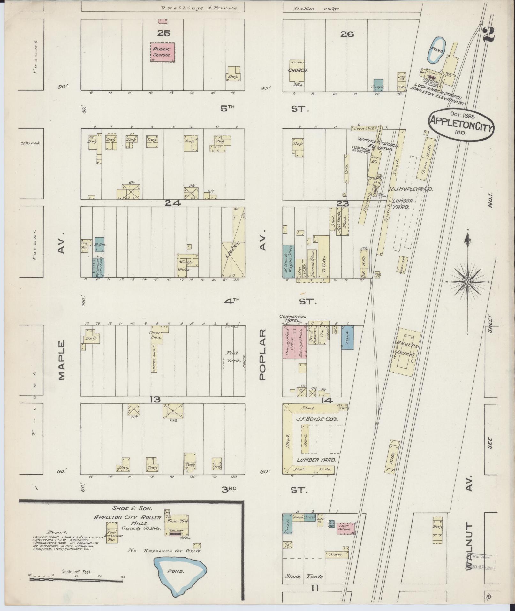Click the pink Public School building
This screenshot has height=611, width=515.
click(x=163, y=52)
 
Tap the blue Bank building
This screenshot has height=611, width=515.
click(x=347, y=337)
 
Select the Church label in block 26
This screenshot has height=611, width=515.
click(x=298, y=70)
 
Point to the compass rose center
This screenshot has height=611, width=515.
click(x=467, y=282)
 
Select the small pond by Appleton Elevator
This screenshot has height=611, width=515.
click(x=436, y=50)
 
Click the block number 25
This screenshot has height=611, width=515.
click(x=163, y=33)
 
